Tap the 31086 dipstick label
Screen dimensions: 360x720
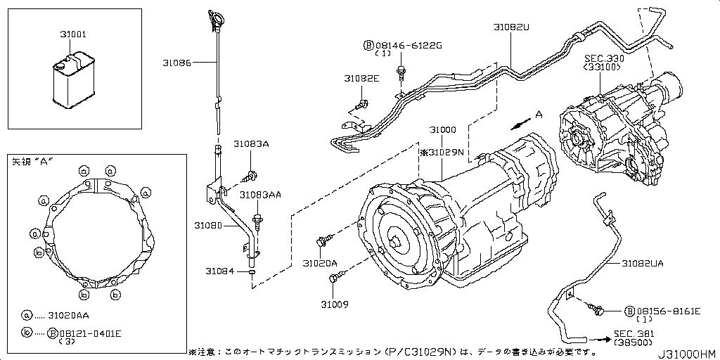click(176, 63)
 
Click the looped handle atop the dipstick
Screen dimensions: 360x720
click(212, 17)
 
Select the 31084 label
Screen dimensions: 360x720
click(219, 271)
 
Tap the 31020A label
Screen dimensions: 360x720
click(320, 263)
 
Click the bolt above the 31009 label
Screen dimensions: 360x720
click(334, 280)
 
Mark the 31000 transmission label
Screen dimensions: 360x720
click(444, 131)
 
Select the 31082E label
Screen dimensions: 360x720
click(361, 79)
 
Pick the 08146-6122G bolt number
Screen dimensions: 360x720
click(408, 45)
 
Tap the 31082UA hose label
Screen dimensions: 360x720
click(643, 263)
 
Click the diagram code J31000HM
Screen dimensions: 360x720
click(686, 353)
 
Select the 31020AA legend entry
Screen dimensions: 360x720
click(70, 316)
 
